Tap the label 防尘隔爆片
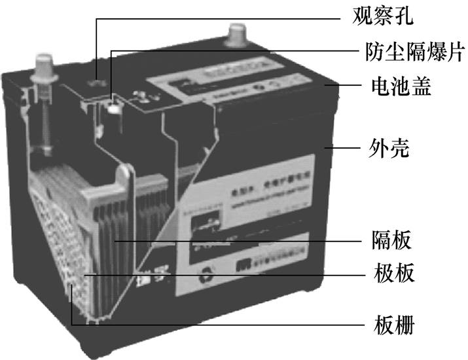point(406,50)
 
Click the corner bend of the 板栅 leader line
point(70,323)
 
